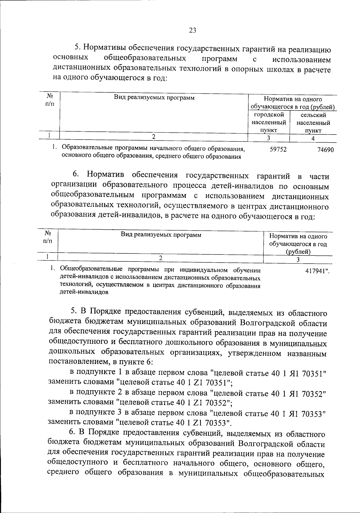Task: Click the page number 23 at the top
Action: [192, 30]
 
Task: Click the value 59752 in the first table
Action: [278, 149]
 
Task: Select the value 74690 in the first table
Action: [325, 150]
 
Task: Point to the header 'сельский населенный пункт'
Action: [313, 123]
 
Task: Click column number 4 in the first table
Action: [313, 139]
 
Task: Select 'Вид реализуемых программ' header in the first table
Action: [154, 98]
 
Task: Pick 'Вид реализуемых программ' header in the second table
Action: [161, 235]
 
